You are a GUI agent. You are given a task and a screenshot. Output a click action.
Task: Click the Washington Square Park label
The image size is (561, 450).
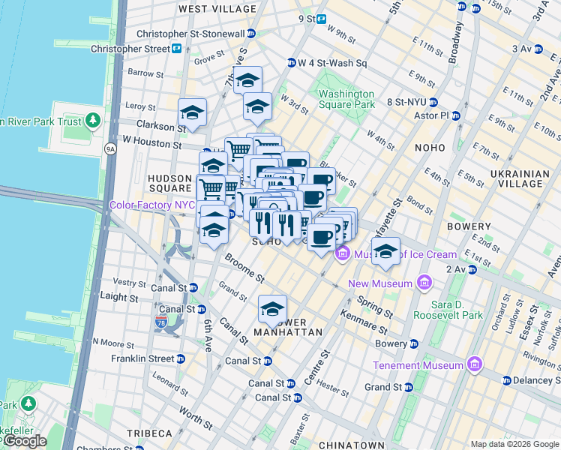(346, 99)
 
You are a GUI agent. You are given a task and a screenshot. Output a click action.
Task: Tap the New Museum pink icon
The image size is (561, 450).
(424, 283)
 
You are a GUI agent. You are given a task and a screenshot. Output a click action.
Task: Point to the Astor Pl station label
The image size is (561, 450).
(433, 115)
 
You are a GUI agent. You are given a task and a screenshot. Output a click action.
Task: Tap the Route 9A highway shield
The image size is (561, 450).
(111, 149)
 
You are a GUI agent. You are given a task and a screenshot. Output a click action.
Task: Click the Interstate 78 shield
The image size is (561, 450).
(160, 321)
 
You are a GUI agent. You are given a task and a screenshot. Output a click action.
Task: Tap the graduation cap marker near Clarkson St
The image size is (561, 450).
(192, 112)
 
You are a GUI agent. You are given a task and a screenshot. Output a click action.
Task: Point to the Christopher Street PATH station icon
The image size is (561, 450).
(177, 49)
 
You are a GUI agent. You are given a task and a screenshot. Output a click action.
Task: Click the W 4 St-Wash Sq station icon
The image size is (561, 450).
(291, 63)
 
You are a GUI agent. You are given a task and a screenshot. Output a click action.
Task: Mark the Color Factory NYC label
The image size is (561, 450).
(152, 205)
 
